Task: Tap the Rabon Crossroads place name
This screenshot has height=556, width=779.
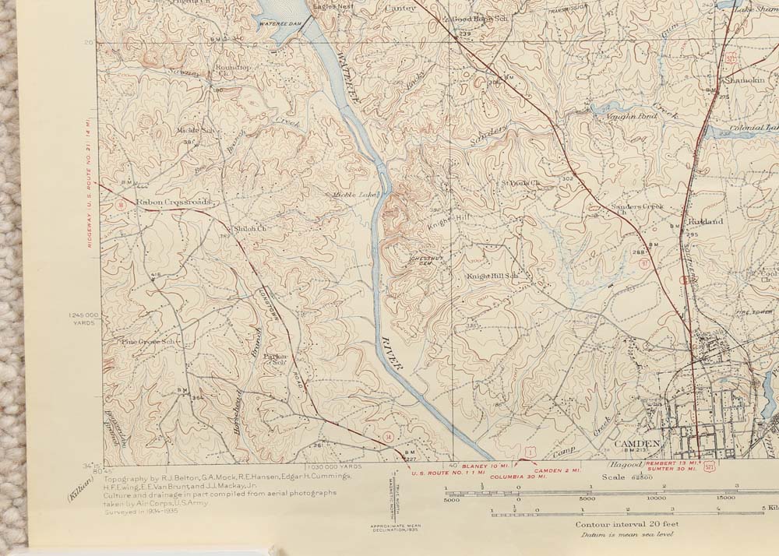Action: tap(174, 202)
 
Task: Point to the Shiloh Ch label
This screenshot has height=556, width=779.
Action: tap(251, 229)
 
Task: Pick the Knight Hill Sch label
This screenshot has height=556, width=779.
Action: tap(492, 276)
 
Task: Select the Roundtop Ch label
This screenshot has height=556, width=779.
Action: tap(232, 69)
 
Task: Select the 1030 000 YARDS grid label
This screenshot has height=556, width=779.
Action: tap(336, 466)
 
